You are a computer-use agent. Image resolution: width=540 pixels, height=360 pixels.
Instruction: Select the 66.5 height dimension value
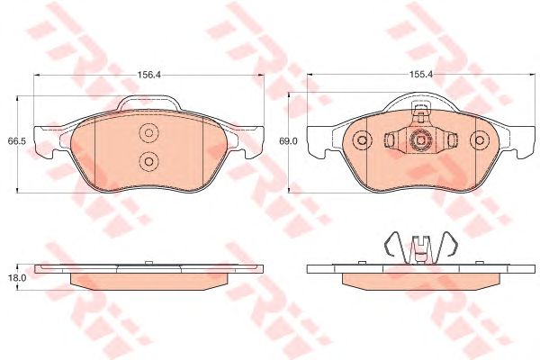(15, 140)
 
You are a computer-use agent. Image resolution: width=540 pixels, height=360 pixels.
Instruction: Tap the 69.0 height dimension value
(288, 141)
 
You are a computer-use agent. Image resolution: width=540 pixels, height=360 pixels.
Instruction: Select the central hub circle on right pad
(418, 141)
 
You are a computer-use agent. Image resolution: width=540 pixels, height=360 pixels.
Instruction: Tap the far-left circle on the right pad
(362, 141)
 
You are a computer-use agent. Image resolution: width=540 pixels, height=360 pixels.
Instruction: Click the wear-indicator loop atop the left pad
(148, 102)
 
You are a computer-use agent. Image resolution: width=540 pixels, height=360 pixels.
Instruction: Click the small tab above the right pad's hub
(418, 113)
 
